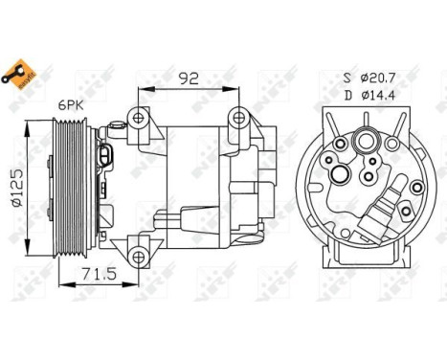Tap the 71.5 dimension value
tap(93, 274)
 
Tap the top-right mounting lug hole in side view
tap(235, 119)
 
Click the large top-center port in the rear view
tap(365, 144)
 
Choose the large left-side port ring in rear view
tap(340, 173)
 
